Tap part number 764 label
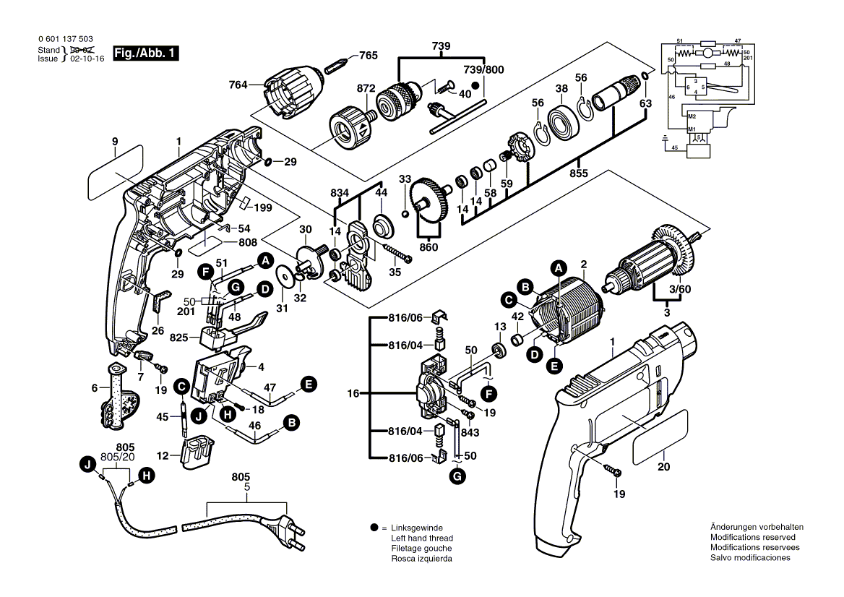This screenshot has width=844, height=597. tap(238, 85)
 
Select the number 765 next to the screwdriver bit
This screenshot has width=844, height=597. tap(368, 56)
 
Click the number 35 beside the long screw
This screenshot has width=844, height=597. tap(394, 272)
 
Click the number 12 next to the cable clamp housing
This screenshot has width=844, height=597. tap(163, 456)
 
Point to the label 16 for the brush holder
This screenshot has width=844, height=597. tap(353, 394)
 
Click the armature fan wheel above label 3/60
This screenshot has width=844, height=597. tap(672, 246)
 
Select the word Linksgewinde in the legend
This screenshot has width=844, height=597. tap(417, 528)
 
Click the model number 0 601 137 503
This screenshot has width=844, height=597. tap(64, 39)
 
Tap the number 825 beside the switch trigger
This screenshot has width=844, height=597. tap(179, 338)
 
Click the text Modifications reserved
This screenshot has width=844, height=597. tap(752, 538)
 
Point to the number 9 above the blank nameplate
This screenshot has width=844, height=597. tap(114, 141)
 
